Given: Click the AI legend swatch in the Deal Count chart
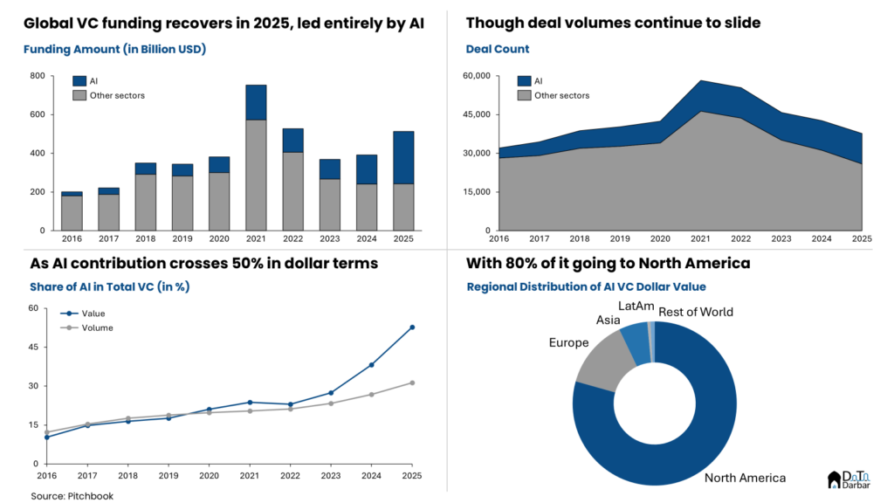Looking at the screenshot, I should point(525,81).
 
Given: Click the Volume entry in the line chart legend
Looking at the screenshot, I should point(96,328).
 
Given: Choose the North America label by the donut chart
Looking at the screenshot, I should point(745,478).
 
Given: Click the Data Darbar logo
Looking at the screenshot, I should point(848,479).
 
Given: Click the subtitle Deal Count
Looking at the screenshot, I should point(498,50).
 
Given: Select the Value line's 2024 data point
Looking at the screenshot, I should point(371,365).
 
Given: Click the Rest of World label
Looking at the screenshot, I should point(696,312).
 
